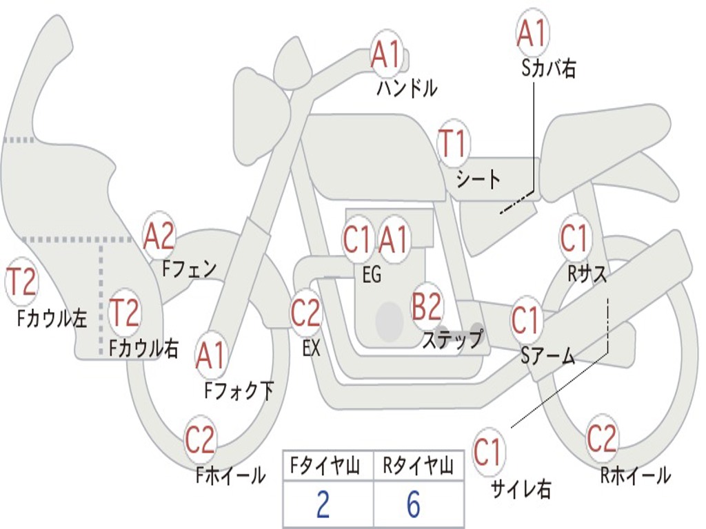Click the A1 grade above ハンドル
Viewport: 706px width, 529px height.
(386, 55)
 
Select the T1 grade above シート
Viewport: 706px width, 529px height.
(452, 144)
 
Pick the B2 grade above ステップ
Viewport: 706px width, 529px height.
(427, 306)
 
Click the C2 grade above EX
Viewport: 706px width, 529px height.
(305, 313)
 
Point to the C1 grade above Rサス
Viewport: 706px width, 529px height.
(574, 238)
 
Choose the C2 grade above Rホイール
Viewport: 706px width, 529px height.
(601, 438)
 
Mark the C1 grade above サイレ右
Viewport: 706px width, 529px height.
(487, 452)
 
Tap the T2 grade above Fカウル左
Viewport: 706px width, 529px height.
(21, 282)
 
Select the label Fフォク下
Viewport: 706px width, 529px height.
(239, 391)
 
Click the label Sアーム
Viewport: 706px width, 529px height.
(548, 356)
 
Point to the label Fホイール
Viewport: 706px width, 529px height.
(230, 475)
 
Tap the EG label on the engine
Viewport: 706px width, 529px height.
(372, 274)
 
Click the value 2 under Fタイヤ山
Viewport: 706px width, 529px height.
(323, 504)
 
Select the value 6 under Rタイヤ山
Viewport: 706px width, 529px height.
(414, 504)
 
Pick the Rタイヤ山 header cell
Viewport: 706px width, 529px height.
(418, 466)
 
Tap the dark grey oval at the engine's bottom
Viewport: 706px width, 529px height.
(389, 321)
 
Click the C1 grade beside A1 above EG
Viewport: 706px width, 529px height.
(356, 238)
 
